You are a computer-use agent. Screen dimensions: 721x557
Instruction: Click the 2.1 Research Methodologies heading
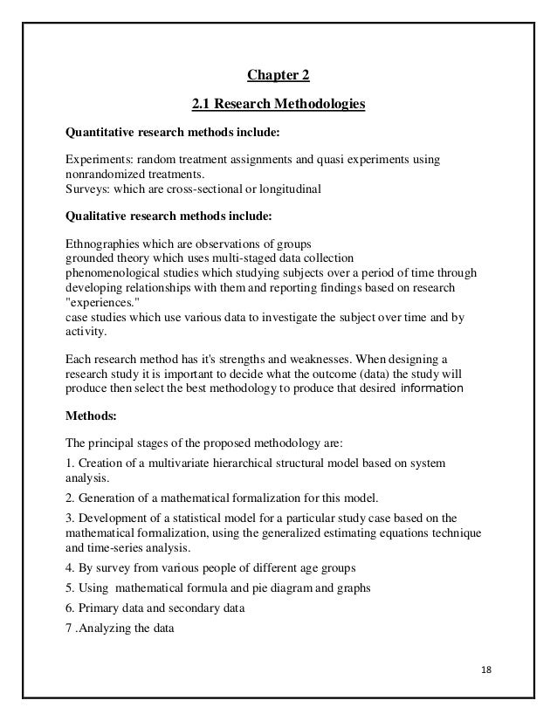[278, 106]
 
